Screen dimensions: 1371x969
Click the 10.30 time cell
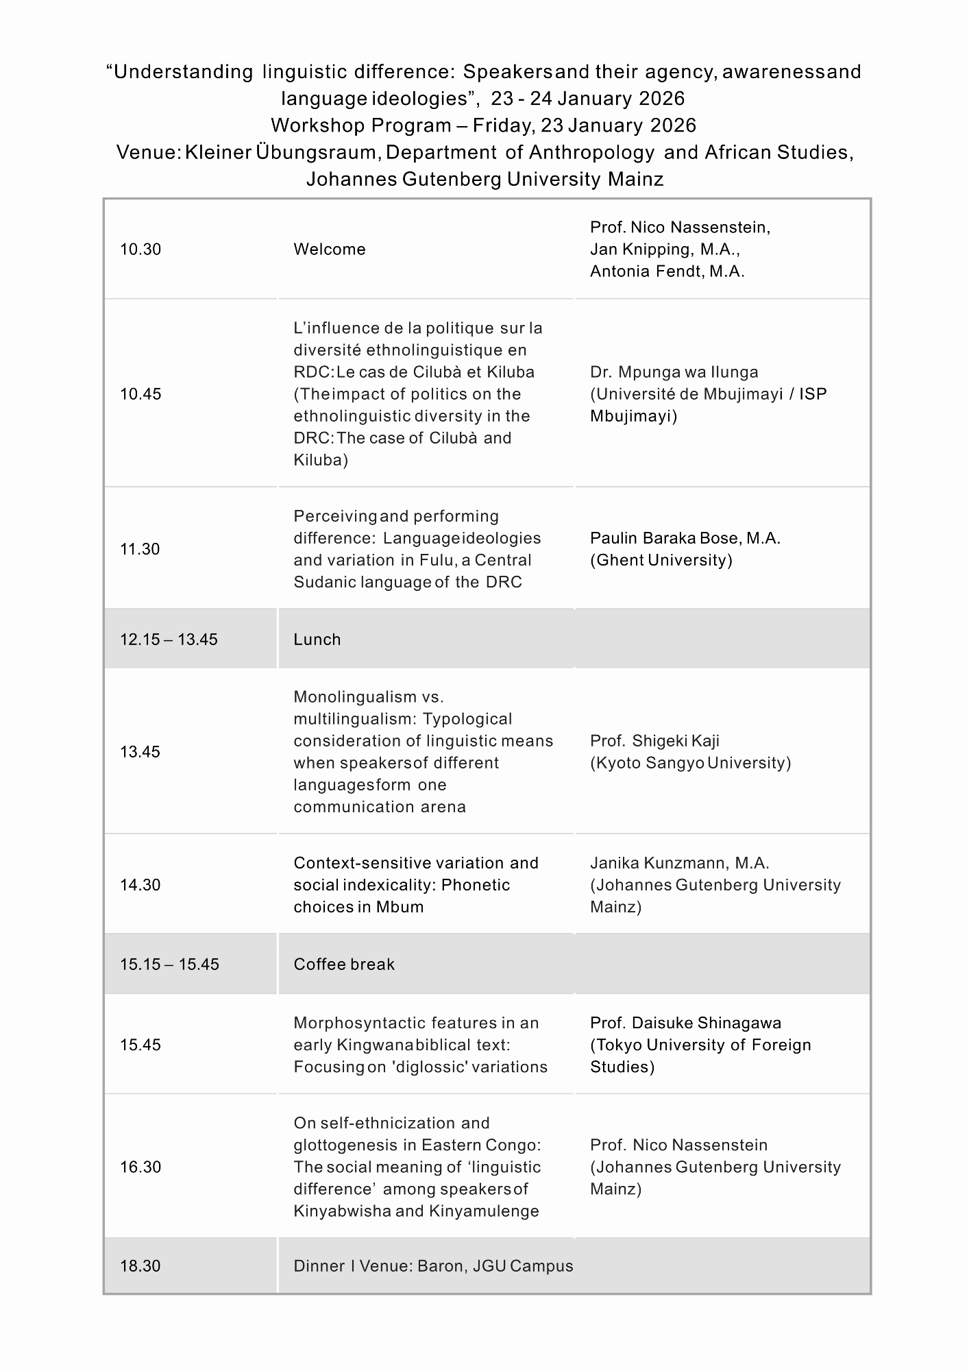coord(140,250)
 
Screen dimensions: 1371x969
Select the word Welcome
coord(330,250)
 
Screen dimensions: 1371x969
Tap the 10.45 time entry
coord(140,394)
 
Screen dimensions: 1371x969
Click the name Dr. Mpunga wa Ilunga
coord(674,372)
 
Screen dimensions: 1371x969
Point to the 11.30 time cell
coord(140,549)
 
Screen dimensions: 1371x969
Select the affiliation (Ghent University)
coord(661,560)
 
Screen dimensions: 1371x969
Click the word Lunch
coord(317,640)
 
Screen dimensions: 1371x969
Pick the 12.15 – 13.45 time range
coord(169,640)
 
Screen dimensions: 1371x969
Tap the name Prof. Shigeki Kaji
coord(654,741)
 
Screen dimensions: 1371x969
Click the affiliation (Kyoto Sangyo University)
coord(690,763)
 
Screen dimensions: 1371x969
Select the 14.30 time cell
coord(140,885)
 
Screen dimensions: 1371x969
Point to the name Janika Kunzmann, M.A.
coord(680,863)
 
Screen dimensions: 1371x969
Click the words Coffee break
coord(344,964)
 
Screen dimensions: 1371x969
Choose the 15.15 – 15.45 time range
coord(169,964)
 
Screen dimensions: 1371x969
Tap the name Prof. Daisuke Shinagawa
coord(685,1023)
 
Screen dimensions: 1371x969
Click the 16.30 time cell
coord(140,1167)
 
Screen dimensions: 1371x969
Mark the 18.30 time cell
coord(140,1266)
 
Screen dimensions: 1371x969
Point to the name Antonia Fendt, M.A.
coord(667,271)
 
